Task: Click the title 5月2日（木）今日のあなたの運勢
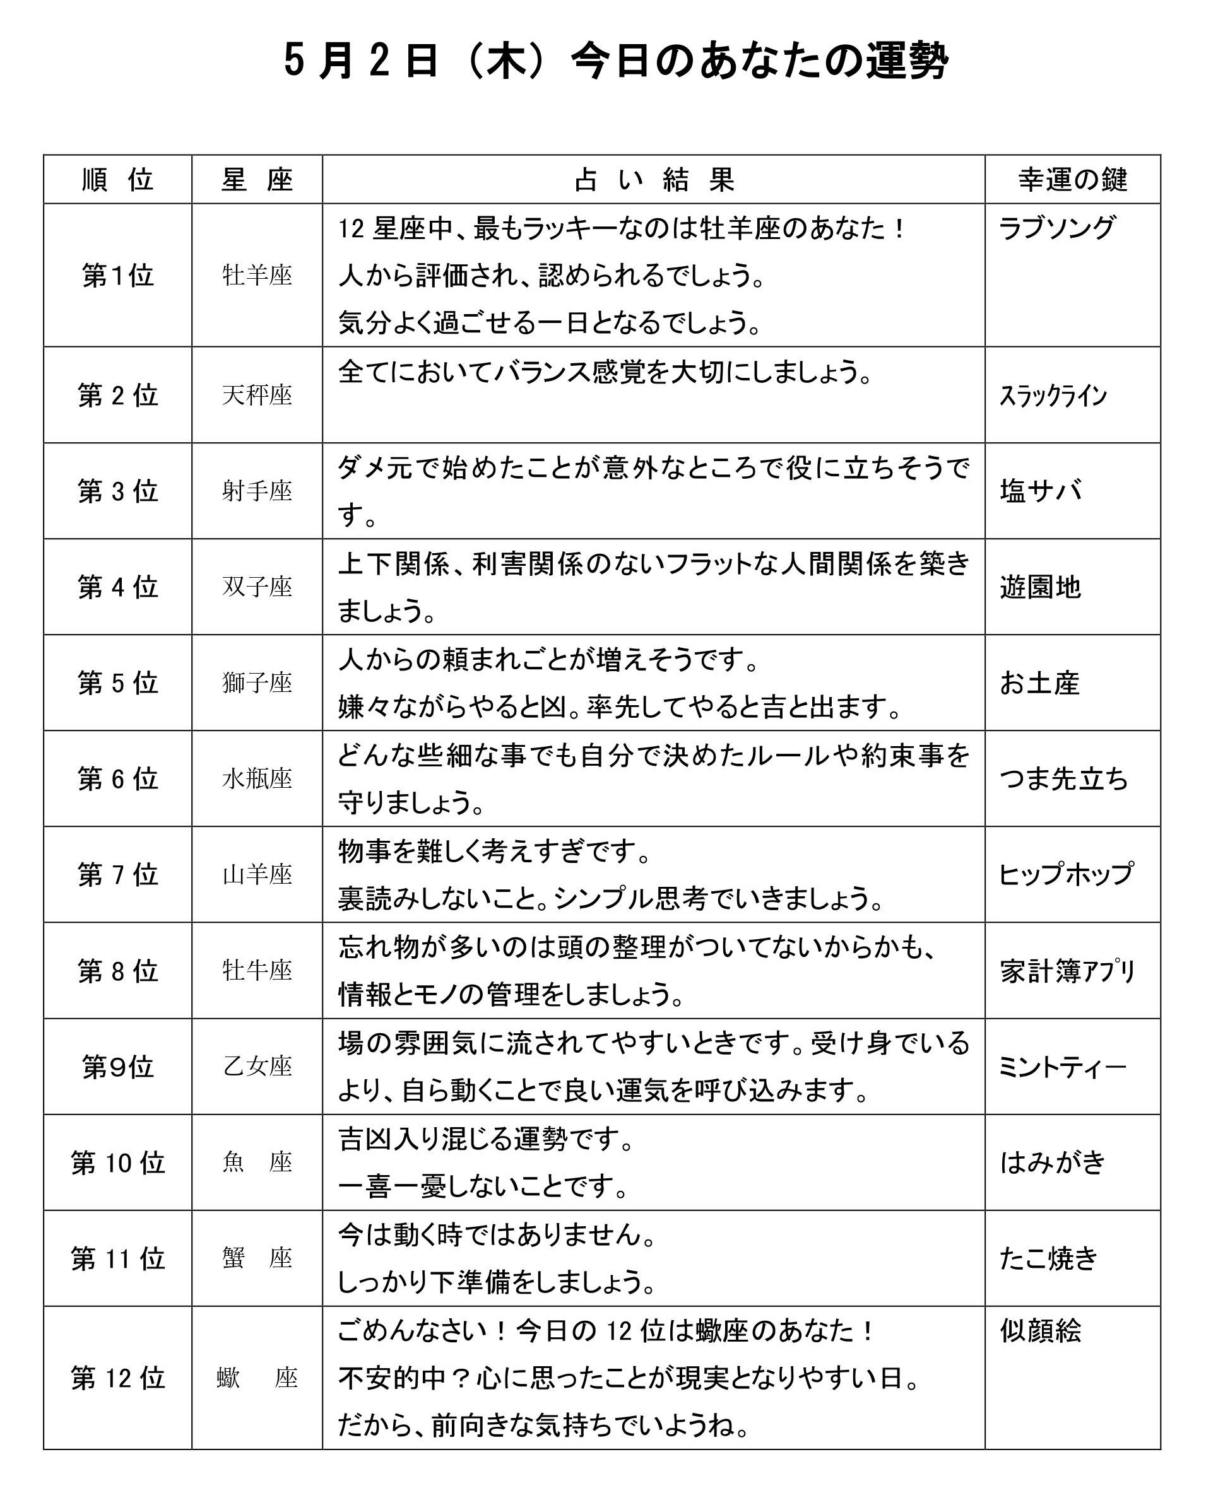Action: pos(615,61)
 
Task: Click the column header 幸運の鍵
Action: pos(1072,180)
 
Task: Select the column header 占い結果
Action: pos(653,180)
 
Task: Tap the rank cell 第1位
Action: pos(117,276)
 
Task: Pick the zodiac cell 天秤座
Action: pos(257,395)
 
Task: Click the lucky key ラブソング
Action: pos(1056,228)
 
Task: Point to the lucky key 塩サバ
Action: pos(1040,491)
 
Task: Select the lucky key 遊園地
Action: pos(1040,587)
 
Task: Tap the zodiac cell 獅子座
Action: pos(257,682)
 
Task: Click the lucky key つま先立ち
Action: pos(1063,778)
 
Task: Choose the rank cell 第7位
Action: pos(117,874)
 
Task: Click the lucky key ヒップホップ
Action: pos(1066,874)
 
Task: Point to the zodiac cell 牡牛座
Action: pos(257,970)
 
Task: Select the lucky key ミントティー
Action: pos(1061,1066)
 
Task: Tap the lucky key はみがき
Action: pos(1052,1162)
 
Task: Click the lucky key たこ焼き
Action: pos(1048,1258)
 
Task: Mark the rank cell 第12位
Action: pos(117,1378)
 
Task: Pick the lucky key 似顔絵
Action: pos(1040,1330)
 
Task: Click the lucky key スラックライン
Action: pos(1053,396)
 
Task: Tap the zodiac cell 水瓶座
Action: pos(257,778)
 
